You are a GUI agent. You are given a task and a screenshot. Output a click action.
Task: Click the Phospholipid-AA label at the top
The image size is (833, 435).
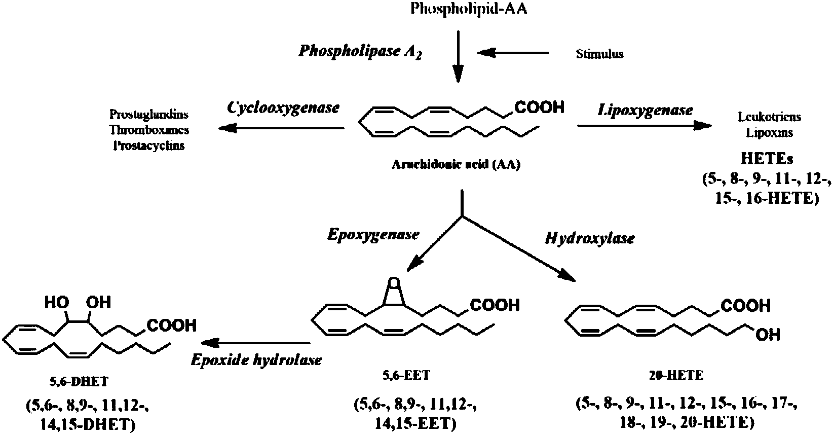469,9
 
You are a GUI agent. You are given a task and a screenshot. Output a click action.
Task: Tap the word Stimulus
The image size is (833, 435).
599,54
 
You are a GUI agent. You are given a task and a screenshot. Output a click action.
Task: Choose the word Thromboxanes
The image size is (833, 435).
149,129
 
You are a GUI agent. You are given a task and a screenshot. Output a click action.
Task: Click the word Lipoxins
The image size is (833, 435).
766,133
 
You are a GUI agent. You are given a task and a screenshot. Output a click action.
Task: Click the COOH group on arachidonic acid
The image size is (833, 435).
539,107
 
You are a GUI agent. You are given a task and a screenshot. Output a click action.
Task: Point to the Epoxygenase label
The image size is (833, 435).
373,235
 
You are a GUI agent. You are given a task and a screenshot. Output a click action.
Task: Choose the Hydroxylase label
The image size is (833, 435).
589,238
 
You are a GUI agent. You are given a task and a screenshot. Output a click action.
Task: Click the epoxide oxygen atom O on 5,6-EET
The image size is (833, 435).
393,282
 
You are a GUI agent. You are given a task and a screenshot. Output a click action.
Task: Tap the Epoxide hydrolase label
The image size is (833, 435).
256,360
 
